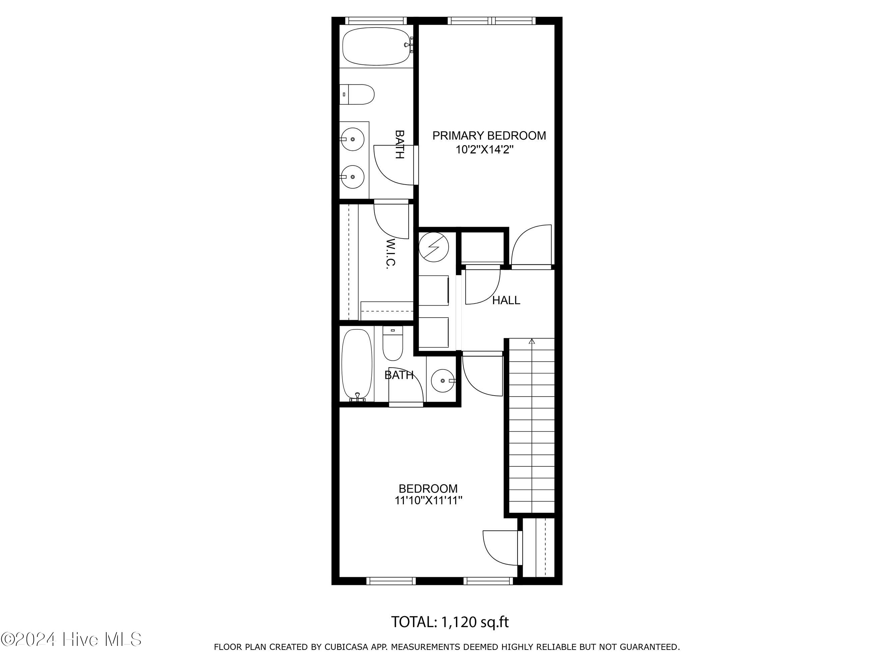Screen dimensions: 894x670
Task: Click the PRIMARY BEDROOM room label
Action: pos(489,136)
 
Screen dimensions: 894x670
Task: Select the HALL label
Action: pos(506,300)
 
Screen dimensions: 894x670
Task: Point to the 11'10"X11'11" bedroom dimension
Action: pos(428,501)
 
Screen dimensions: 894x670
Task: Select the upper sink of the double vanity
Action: pos(352,139)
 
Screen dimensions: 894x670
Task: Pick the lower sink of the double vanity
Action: pos(352,177)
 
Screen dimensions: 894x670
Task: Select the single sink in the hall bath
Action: pos(444,381)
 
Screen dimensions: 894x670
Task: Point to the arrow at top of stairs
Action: pos(532,341)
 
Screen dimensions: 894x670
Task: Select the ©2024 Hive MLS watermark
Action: pos(71,639)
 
